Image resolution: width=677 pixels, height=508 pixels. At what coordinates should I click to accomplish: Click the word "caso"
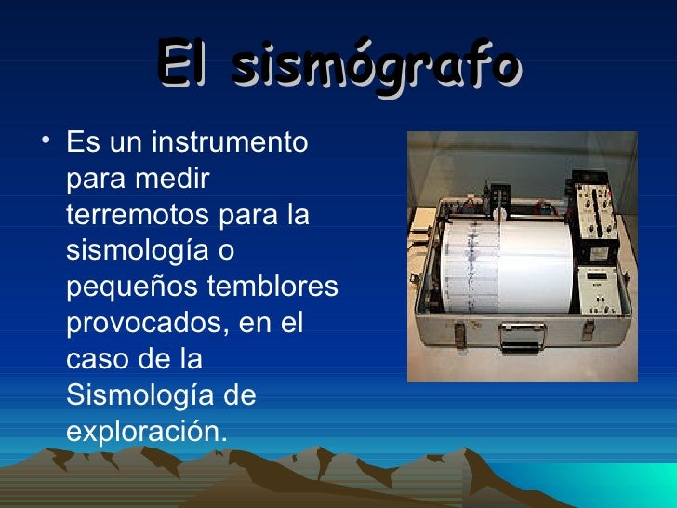pyautogui.click(x=96, y=358)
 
